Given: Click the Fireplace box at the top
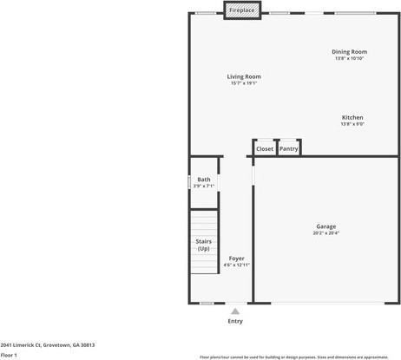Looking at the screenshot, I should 242,10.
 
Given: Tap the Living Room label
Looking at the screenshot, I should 245,76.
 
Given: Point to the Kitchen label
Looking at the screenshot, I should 352,117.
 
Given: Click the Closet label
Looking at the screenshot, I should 265,148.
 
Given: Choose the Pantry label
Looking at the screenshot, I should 289,148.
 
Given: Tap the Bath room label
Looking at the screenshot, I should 204,180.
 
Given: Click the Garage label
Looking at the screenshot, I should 326,226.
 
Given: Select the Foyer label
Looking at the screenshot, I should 236,259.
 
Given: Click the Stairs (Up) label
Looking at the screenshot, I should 204,245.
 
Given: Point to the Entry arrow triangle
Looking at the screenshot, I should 235,310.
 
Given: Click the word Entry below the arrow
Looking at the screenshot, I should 235,321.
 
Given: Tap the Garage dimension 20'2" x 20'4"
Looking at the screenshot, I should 326,233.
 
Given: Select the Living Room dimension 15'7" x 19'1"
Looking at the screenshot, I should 245,83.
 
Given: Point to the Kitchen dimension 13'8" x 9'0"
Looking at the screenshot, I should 352,124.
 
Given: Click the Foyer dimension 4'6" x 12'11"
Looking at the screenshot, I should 236,265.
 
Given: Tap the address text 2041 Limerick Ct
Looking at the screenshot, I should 48,344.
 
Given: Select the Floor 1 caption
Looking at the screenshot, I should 10,355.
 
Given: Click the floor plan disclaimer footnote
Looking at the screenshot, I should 294,356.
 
